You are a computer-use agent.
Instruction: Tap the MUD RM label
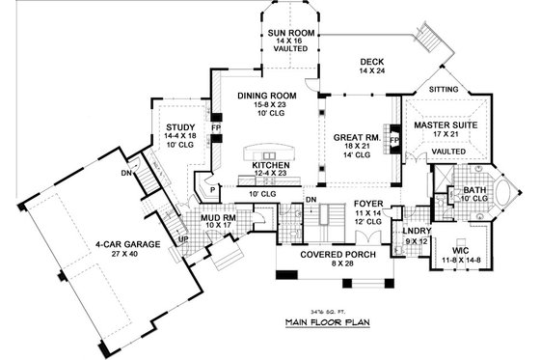click(x=220, y=217)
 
